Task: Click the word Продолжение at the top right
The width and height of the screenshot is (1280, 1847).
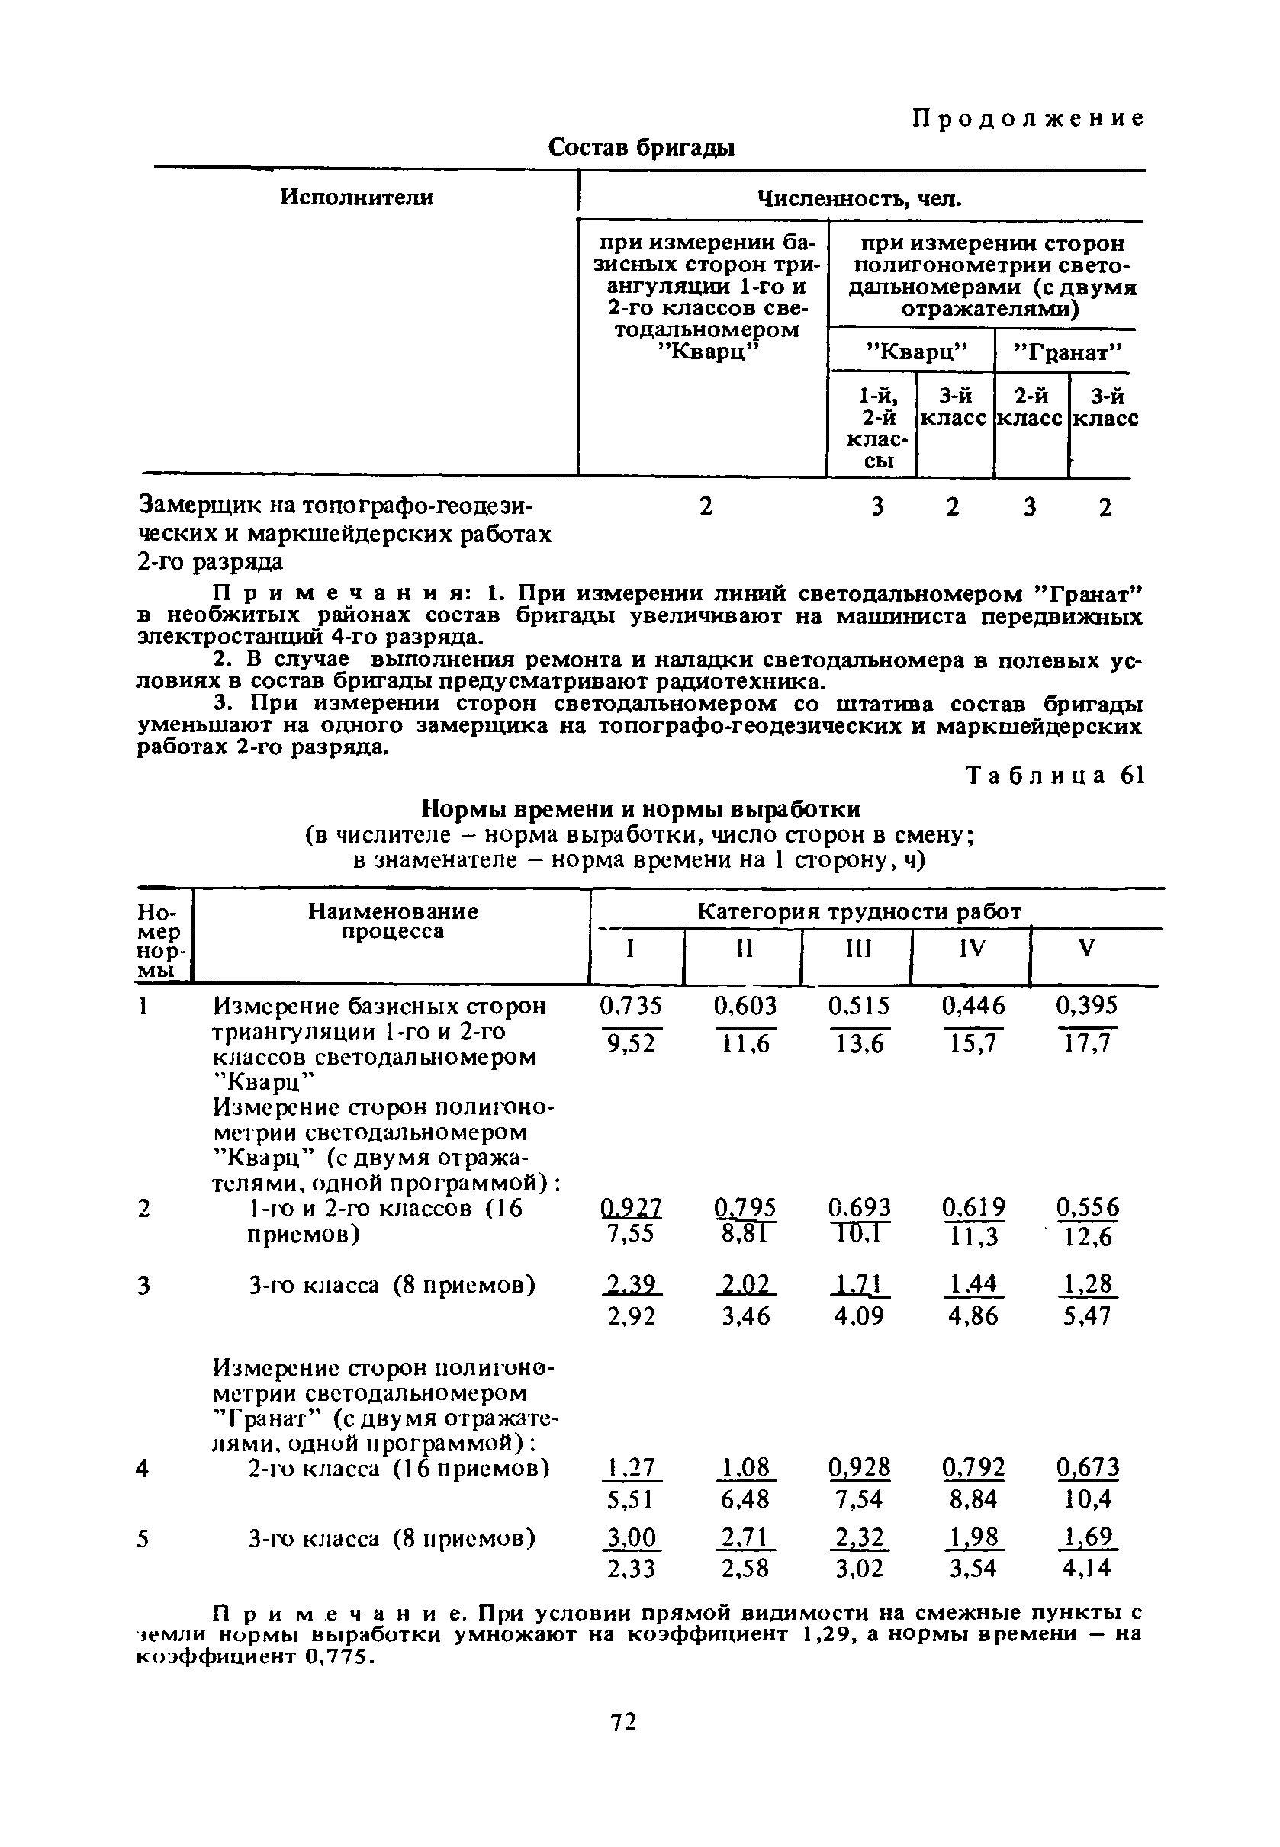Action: tap(1028, 120)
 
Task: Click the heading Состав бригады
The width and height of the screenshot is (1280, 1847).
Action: tap(642, 148)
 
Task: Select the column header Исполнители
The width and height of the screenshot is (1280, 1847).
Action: tap(356, 198)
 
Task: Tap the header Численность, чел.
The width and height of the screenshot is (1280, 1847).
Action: tap(859, 199)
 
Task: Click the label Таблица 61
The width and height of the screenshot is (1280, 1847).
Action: tap(1056, 776)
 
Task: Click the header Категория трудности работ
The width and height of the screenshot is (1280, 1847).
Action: tap(859, 912)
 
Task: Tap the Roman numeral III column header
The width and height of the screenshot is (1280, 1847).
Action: tap(858, 949)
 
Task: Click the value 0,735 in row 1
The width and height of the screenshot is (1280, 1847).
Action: tap(631, 1006)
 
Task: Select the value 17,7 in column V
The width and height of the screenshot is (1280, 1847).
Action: tap(1087, 1044)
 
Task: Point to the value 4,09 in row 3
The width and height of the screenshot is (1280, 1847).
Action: tap(859, 1316)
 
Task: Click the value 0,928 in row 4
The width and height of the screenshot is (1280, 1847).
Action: tap(859, 1468)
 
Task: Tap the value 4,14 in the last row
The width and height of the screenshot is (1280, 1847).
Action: tap(1087, 1568)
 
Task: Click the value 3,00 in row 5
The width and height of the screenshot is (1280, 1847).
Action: tap(631, 1537)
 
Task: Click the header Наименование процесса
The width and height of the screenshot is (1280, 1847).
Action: tap(393, 922)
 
